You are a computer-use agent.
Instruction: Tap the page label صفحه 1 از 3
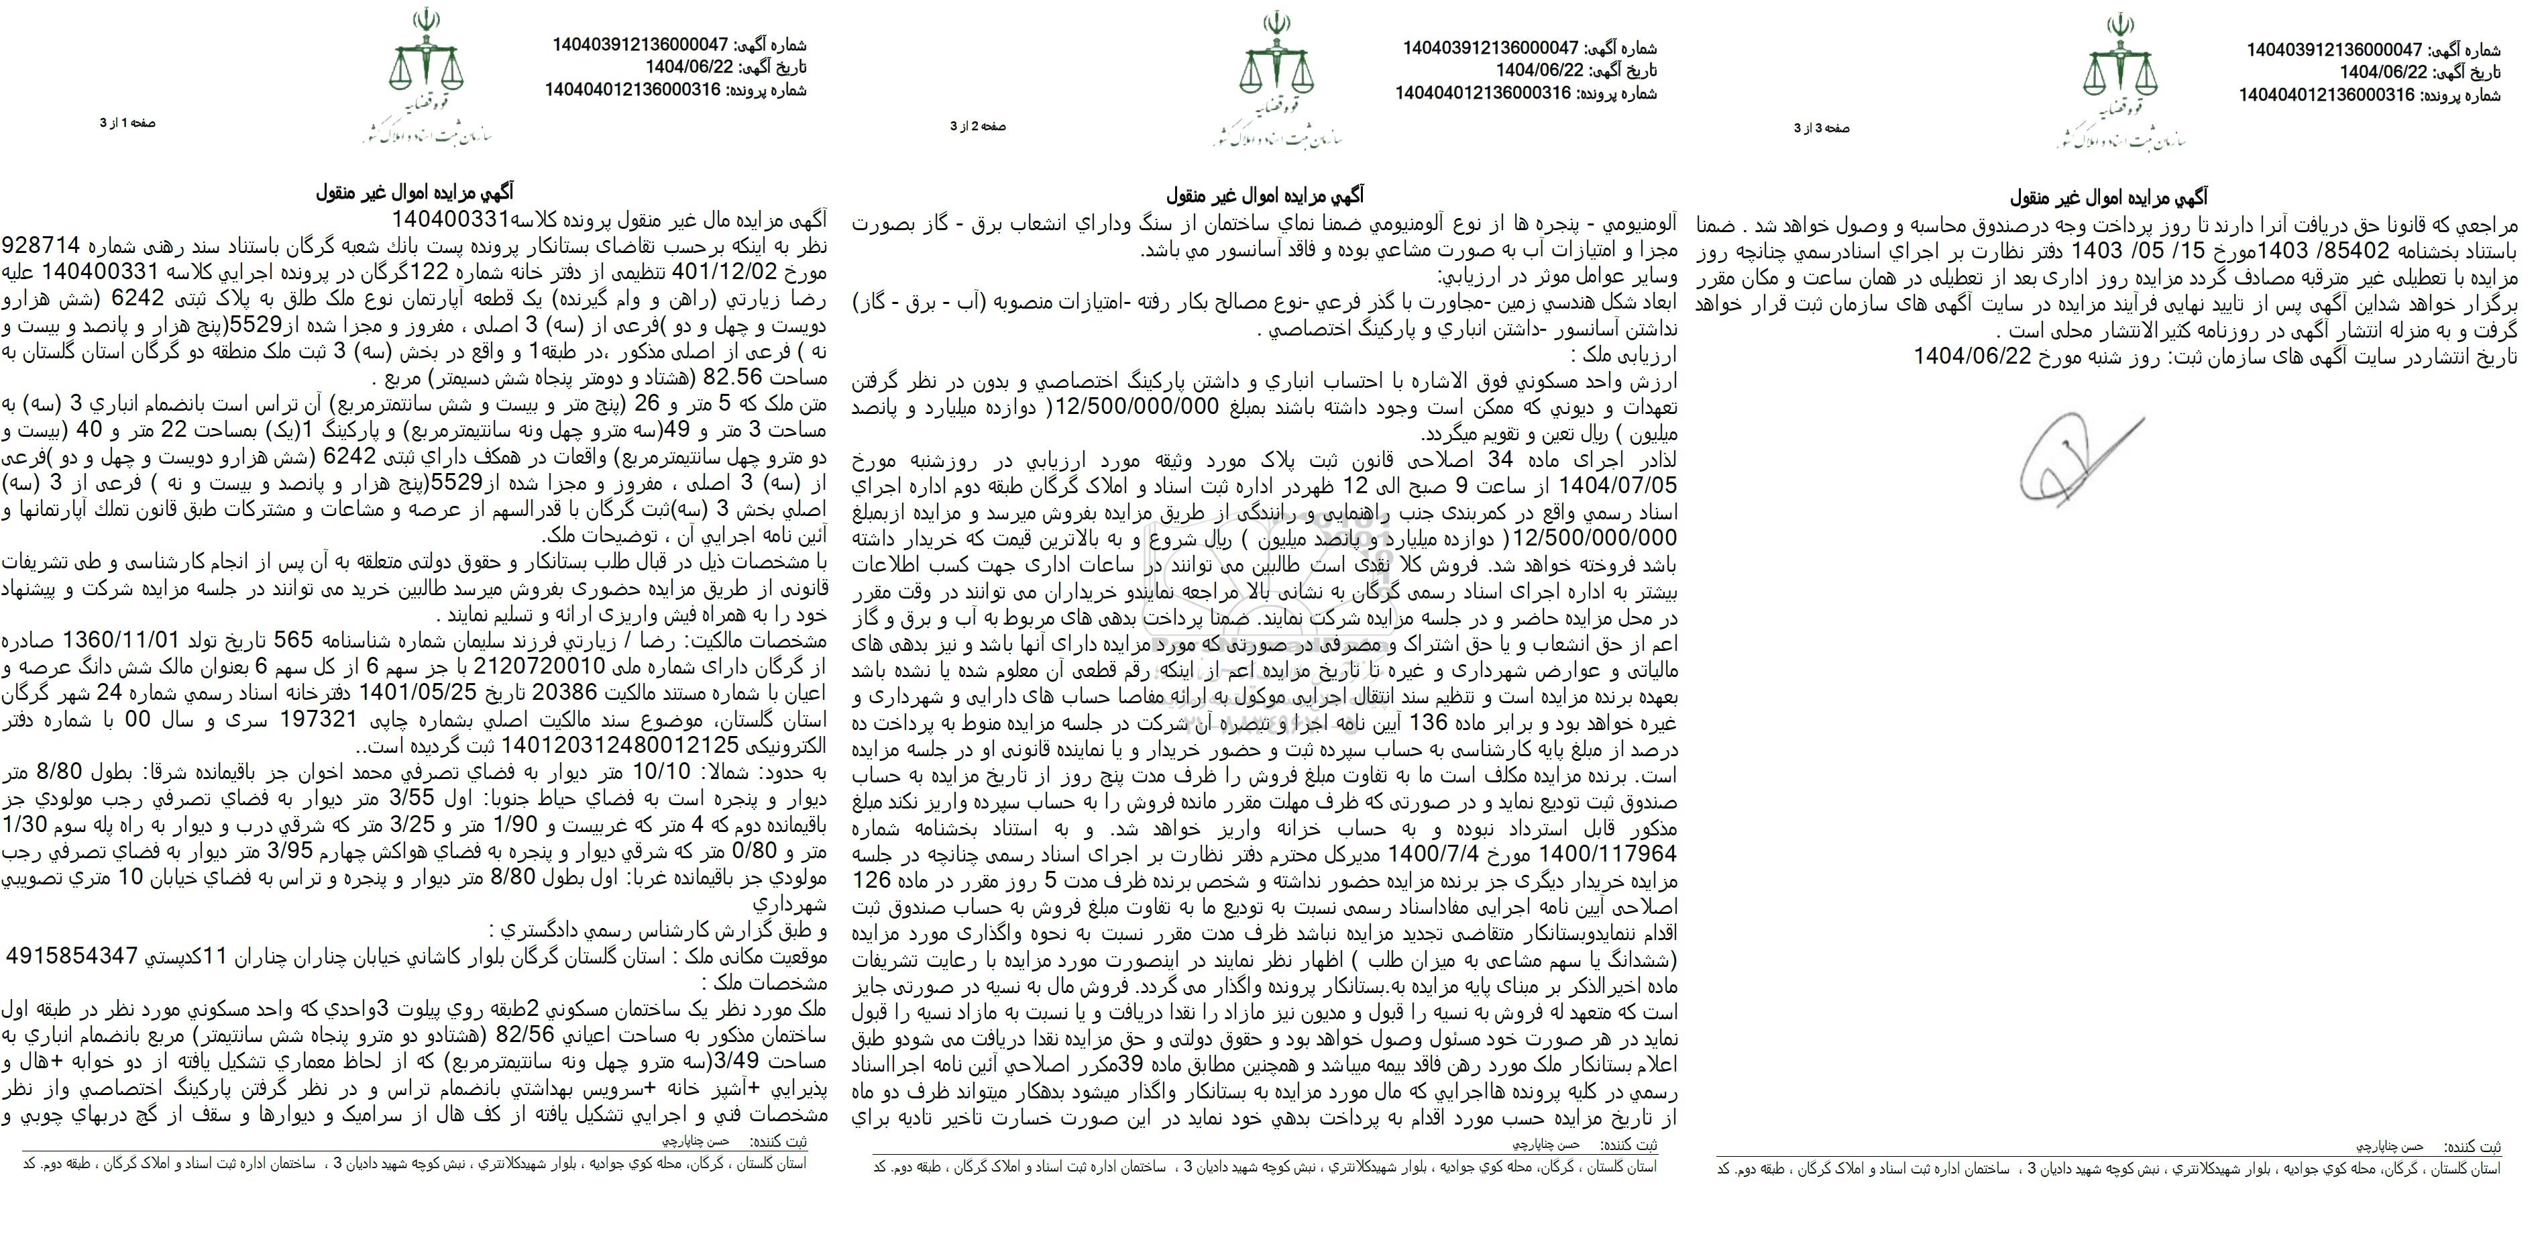[x=127, y=123]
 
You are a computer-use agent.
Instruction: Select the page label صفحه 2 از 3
[x=977, y=126]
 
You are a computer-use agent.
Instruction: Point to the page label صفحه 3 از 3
[x=1821, y=128]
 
